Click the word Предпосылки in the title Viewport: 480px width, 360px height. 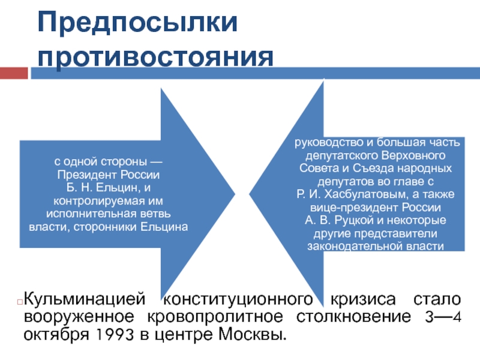tap(138, 23)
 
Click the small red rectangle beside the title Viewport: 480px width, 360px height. tap(13, 73)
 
